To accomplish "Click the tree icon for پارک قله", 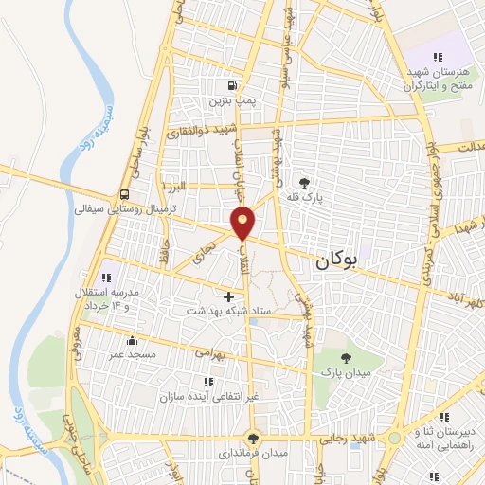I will pyautogui.click(x=304, y=183).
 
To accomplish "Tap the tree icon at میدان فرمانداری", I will pyautogui.click(x=251, y=438).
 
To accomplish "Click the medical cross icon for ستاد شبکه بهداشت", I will pyautogui.click(x=228, y=296).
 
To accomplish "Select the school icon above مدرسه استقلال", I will pyautogui.click(x=107, y=278).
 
